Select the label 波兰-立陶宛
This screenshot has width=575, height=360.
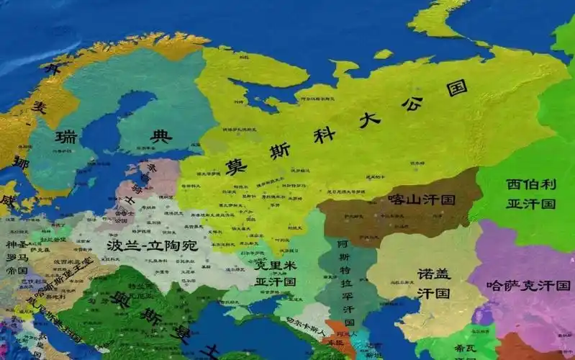[151, 245]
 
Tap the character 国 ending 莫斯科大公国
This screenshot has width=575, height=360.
[457, 89]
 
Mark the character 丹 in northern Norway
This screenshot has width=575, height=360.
[50, 70]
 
